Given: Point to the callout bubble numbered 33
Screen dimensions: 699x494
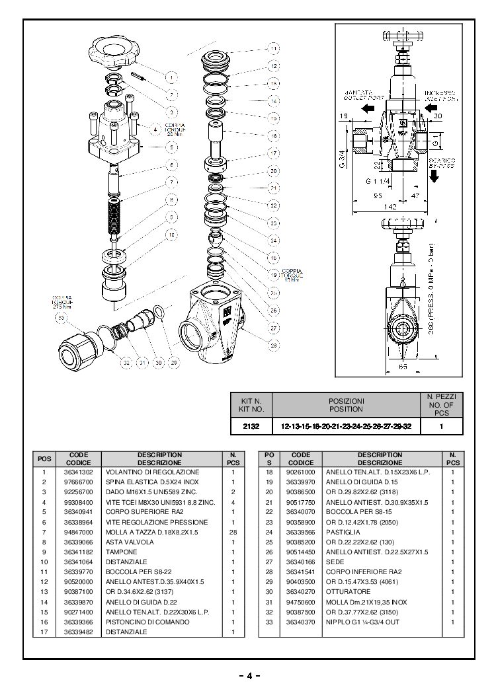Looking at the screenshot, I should pos(62,318).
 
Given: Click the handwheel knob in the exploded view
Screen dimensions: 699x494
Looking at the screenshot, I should pos(113,52).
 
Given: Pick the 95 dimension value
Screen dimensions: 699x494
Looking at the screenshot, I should pos(377,196).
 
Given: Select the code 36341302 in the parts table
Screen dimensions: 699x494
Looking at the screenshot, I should pos(77,472).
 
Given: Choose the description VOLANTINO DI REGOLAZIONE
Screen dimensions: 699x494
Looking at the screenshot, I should pos(152,472).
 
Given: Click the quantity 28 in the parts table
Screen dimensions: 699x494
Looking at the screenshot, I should pos(233,531).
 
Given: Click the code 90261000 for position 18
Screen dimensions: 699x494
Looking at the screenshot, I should pos(300,472).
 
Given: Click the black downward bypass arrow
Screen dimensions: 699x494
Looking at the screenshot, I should pos(435,176).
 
